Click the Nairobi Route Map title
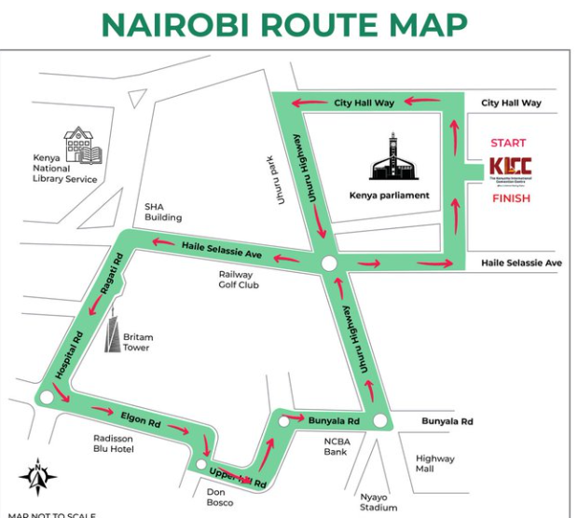tap(284, 24)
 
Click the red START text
tap(508, 143)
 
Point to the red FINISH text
tap(510, 198)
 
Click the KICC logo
tap(509, 170)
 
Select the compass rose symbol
tap(38, 477)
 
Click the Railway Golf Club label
tap(239, 279)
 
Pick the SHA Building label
tap(163, 211)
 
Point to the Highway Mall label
tap(435, 464)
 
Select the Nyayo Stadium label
tap(378, 502)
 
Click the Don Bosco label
tap(220, 496)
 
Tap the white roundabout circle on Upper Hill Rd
tap(201, 465)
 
